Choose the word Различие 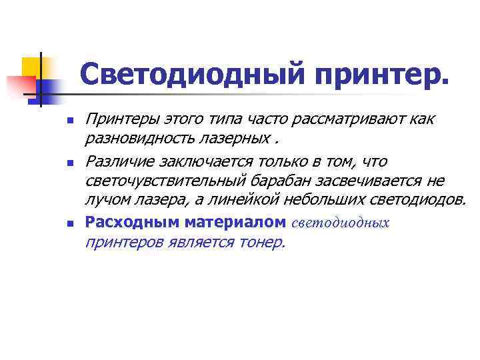coord(118,162)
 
